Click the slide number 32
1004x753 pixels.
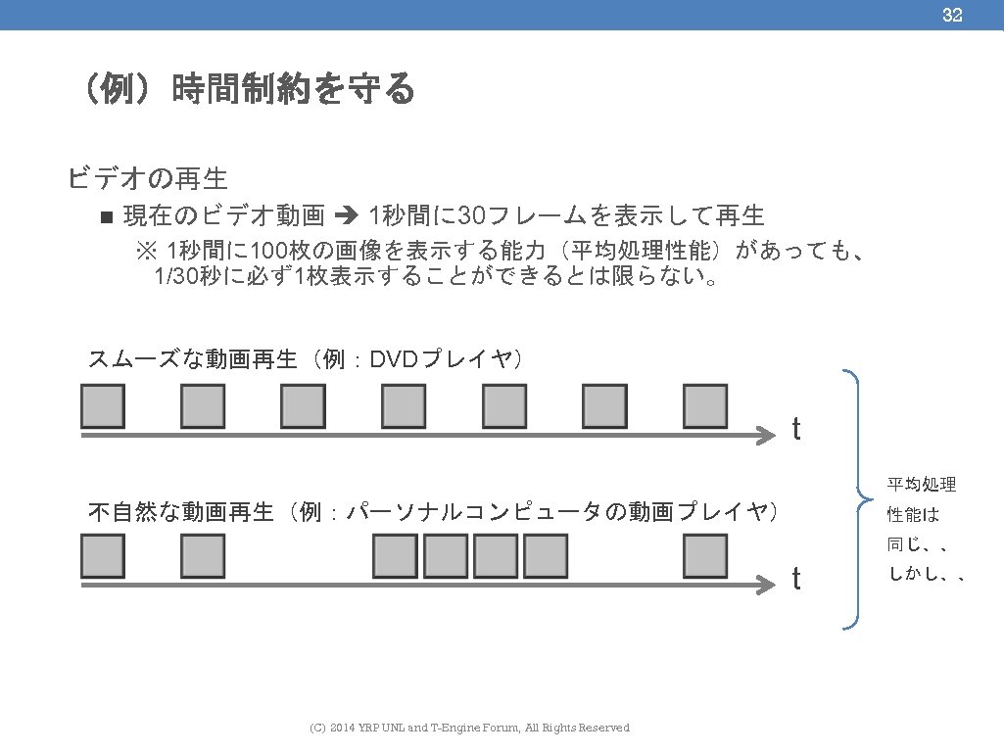(952, 15)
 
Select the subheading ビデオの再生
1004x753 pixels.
(148, 178)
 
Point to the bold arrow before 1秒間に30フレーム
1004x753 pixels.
(348, 215)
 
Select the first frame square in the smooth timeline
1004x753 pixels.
(103, 406)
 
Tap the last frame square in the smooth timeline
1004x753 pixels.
(705, 406)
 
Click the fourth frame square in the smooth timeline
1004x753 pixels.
(404, 406)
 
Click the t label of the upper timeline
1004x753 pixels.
(796, 429)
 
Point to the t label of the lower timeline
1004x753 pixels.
(796, 580)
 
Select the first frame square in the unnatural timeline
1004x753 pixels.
(103, 556)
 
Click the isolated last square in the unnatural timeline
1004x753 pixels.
(705, 556)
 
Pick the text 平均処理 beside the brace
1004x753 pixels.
(922, 485)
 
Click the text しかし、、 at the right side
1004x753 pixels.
(927, 575)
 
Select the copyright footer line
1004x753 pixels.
(469, 728)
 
